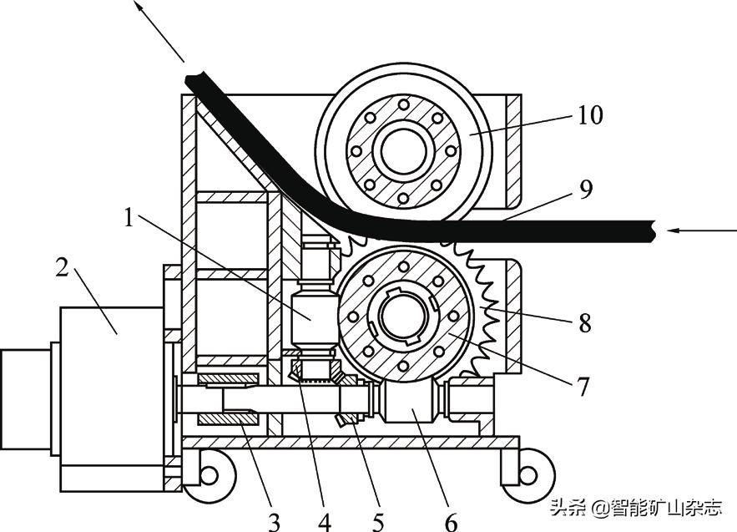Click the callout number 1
pyautogui.click(x=129, y=218)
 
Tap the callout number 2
pyautogui.click(x=62, y=267)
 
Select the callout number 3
pyautogui.click(x=274, y=522)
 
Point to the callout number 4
pyautogui.click(x=325, y=522)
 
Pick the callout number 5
pyautogui.click(x=378, y=522)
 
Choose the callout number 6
pyautogui.click(x=452, y=522)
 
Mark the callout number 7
pyautogui.click(x=583, y=388)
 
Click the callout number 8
pyautogui.click(x=585, y=323)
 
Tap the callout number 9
pyautogui.click(x=586, y=190)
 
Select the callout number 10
pyautogui.click(x=589, y=115)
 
